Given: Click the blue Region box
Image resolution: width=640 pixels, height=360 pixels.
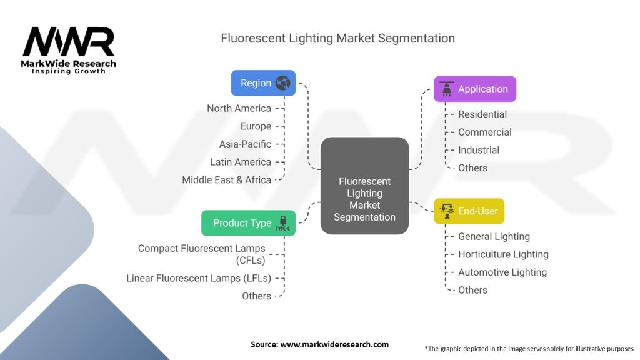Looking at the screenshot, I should pos(263,83).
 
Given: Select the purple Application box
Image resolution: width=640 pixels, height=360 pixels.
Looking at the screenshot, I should pos(475,89).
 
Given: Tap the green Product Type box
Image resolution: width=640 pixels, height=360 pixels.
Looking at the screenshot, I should pos(248,223).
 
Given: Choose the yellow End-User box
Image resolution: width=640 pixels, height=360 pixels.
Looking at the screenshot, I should pos(469,211).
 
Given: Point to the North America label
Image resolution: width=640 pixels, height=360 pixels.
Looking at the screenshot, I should pos(239,108).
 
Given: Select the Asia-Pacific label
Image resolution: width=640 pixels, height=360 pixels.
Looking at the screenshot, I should pos(245,144).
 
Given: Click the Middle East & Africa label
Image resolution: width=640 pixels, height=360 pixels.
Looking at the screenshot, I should pos(226,179).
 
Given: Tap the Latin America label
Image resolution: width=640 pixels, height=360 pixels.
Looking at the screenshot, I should pos(241,162).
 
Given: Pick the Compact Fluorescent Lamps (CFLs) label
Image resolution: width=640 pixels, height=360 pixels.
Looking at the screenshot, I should pos(201,254).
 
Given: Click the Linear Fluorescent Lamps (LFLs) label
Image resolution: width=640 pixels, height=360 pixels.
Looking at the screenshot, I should pos(199,278).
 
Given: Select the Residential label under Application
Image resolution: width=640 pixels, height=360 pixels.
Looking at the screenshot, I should pos(482,114).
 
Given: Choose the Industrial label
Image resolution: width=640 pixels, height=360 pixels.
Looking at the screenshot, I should pos(478,150).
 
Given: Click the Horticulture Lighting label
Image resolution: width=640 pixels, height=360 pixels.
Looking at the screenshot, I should pos(502,254).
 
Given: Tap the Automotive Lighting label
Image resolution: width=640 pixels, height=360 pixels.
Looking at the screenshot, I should pos(502,272).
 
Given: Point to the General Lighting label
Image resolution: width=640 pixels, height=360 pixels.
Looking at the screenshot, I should pos(494,236).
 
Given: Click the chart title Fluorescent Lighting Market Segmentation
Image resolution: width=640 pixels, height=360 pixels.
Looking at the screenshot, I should pos(337,38).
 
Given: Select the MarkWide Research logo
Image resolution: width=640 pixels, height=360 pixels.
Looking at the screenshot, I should pos(69,49).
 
